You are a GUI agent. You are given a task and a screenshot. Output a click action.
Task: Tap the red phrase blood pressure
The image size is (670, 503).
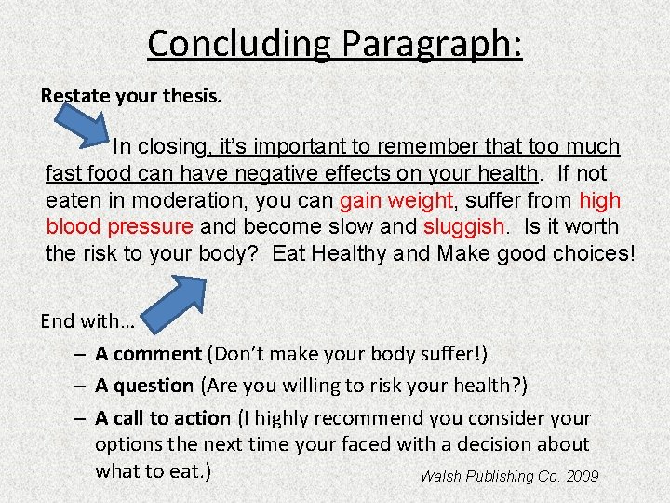[120, 226]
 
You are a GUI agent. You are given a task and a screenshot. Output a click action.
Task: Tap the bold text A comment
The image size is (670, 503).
[148, 354]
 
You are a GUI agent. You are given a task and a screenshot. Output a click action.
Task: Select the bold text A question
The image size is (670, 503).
[144, 386]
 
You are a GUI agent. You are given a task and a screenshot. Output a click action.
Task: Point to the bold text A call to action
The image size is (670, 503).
[163, 418]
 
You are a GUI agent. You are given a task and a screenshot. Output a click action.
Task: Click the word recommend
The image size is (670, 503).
[378, 418]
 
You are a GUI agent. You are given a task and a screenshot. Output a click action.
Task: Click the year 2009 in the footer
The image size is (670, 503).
[582, 476]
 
